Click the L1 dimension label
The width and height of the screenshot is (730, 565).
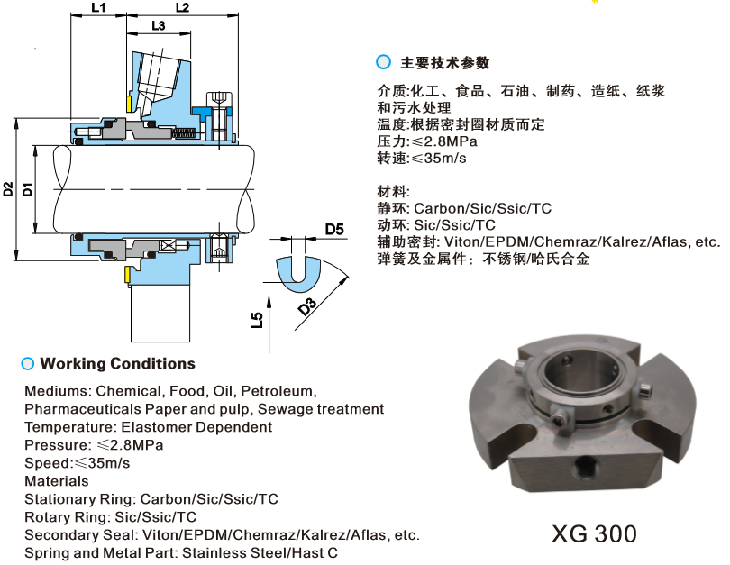coord(98,7)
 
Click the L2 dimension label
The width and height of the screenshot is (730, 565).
coord(182,7)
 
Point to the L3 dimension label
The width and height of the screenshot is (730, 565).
coord(159,25)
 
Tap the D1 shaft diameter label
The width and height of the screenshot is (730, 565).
coord(28,189)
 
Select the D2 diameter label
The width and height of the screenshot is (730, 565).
coord(8,189)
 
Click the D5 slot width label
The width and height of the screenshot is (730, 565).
coord(334,230)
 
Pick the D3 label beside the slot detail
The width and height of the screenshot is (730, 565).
coord(307,306)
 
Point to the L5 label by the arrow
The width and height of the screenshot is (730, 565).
coord(257,320)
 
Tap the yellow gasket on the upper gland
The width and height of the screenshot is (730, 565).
coord(129,104)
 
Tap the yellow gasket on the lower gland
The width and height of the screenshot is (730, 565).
coord(127,275)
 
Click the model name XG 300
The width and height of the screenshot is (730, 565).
coord(594,533)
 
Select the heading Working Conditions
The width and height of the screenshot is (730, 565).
coord(118,363)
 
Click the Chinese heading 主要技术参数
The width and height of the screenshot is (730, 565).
coord(445,63)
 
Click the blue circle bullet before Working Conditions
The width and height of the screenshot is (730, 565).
coord(28,363)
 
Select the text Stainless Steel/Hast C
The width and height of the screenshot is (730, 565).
coord(260,553)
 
